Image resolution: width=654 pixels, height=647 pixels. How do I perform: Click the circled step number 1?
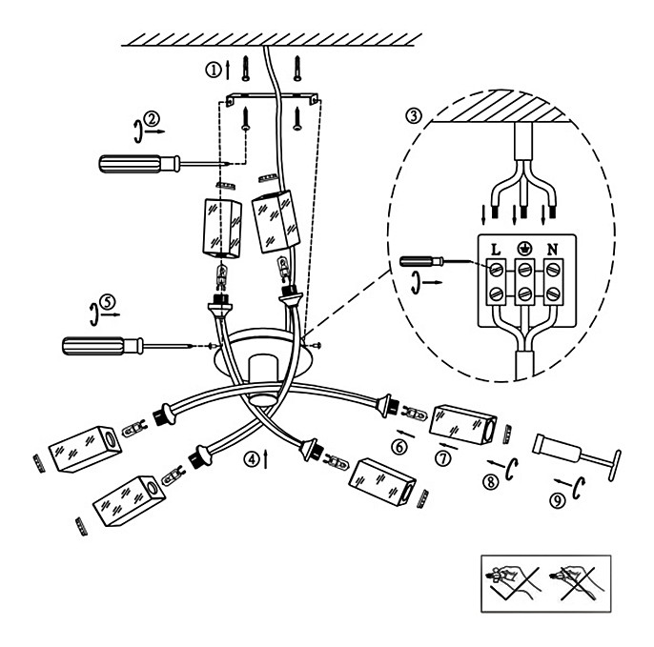tap(214, 70)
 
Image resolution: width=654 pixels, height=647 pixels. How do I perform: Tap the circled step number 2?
tap(152, 119)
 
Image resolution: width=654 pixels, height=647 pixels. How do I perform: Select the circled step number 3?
tap(414, 115)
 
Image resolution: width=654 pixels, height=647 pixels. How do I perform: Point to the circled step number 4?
tap(252, 459)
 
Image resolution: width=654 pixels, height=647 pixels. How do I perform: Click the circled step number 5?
tap(108, 302)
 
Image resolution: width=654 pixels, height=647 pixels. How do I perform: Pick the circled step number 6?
tap(399, 447)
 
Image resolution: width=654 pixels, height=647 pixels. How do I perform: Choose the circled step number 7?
tap(443, 458)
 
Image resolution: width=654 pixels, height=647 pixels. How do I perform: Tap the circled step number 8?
tap(490, 482)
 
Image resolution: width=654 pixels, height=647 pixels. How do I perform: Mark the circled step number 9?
tap(558, 500)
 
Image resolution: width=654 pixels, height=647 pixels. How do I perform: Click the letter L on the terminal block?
tap(496, 250)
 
